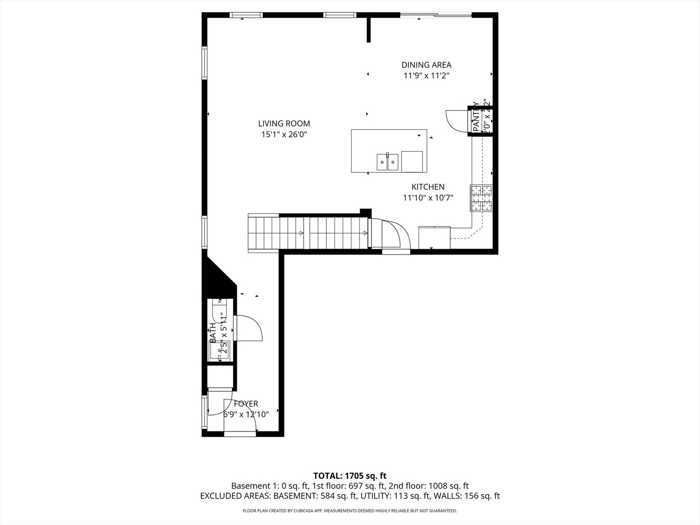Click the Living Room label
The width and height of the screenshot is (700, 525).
pyautogui.click(x=284, y=123)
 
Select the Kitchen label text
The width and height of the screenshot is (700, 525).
pyautogui.click(x=428, y=187)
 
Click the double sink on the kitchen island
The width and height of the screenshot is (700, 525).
pyautogui.click(x=387, y=162)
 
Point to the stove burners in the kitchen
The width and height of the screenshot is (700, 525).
pyautogui.click(x=481, y=198)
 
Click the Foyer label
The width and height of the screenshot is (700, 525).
pyautogui.click(x=246, y=404)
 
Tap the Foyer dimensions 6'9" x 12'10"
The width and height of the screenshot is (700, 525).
pyautogui.click(x=246, y=415)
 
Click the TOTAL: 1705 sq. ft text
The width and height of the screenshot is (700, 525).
pyautogui.click(x=350, y=475)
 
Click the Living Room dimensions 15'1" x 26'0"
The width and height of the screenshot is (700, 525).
pyautogui.click(x=284, y=135)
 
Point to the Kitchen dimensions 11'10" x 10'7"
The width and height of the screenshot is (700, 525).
pyautogui.click(x=428, y=198)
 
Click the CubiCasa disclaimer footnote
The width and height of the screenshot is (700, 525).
pyautogui.click(x=350, y=511)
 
